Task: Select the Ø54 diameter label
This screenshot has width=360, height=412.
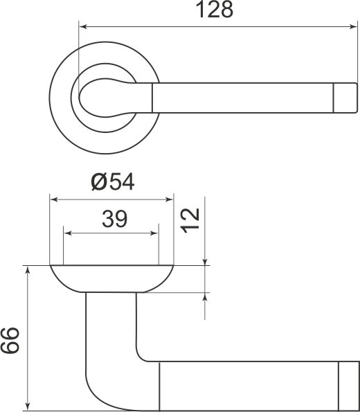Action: [112, 182]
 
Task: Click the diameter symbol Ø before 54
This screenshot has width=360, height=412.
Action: [99, 182]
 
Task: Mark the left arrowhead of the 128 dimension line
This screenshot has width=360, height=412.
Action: [84, 27]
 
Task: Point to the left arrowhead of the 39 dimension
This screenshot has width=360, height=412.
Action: [68, 233]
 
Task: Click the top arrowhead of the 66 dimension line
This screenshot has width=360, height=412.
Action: [28, 270]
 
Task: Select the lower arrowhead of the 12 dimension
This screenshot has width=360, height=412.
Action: [205, 297]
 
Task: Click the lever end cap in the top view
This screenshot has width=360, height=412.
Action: [344, 97]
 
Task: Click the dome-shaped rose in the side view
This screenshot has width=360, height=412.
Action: [111, 278]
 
